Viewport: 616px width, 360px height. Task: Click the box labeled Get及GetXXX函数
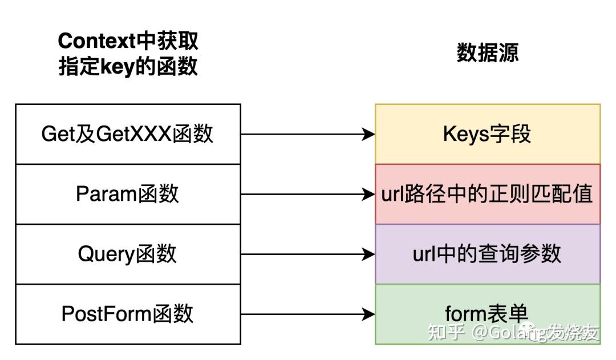click(x=128, y=134)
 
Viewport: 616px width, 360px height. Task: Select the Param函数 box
click(x=128, y=194)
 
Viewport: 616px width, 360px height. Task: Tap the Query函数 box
click(x=128, y=254)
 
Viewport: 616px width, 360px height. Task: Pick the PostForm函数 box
click(x=128, y=314)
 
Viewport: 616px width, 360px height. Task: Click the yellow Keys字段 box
click(x=488, y=134)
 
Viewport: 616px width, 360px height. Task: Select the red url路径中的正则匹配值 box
click(x=488, y=194)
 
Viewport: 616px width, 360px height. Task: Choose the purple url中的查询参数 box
click(x=488, y=254)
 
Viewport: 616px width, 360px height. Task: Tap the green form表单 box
click(x=488, y=314)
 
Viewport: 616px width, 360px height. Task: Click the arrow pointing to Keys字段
click(x=308, y=135)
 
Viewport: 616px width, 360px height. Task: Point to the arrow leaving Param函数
click(x=308, y=195)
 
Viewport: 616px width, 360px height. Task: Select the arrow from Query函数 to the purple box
click(x=308, y=254)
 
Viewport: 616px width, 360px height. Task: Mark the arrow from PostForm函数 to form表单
click(x=308, y=314)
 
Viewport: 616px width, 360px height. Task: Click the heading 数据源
click(x=488, y=53)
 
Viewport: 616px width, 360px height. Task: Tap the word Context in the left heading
click(x=96, y=41)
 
